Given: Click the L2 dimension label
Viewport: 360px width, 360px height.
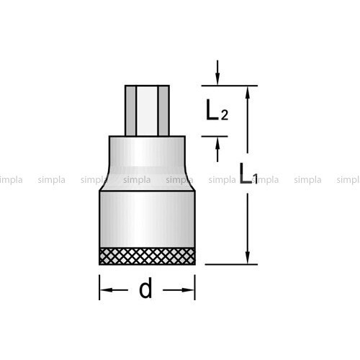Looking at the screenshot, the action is click(217, 110).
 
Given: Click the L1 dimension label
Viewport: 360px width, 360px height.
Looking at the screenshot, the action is click(248, 174).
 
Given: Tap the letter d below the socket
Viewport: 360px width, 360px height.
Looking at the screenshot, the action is click(145, 287).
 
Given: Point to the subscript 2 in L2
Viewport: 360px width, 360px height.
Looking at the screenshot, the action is click(225, 115).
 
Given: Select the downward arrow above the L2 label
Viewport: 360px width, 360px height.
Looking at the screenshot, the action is click(217, 73).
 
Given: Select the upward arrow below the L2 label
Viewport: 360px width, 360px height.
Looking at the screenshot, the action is click(217, 150).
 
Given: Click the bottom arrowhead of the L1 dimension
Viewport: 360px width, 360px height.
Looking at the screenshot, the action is click(248, 258).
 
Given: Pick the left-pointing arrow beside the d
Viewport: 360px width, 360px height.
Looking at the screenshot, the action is click(114, 290).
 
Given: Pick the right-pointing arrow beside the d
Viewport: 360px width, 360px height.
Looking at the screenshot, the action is click(179, 290).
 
